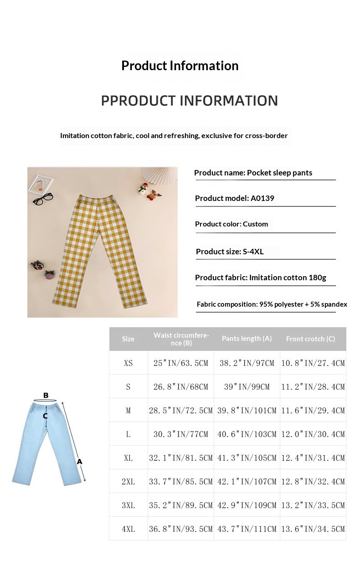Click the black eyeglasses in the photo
tap(43, 199)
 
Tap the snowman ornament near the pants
tap(143, 190)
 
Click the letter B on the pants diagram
tap(46, 395)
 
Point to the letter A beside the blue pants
tap(79, 462)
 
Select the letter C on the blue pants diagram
tap(46, 416)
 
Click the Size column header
tap(128, 339)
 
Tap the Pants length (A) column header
tap(247, 338)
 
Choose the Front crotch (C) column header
tap(310, 339)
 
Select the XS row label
tap(128, 363)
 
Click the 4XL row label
tap(128, 529)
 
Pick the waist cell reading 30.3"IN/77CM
tap(180, 434)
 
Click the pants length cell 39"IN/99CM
tap(247, 387)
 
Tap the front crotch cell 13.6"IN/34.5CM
tap(313, 529)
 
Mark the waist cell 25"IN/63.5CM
tap(180, 363)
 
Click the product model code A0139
tap(262, 198)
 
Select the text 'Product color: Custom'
tap(231, 224)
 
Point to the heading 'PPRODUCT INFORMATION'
tap(189, 101)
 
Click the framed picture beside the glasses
tap(41, 185)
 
